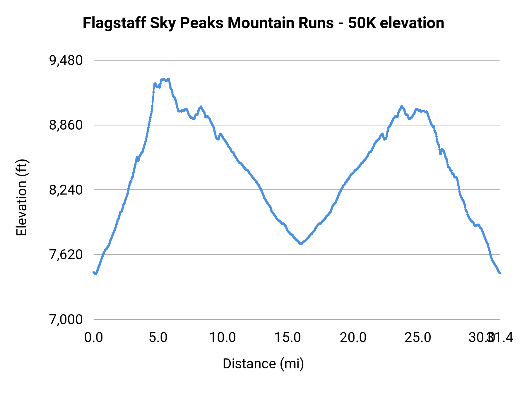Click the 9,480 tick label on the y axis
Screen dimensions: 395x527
[x=66, y=61]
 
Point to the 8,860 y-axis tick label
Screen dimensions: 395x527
[x=66, y=125]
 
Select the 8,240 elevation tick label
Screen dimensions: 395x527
[x=66, y=190]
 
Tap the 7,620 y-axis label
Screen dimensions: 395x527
[x=66, y=255]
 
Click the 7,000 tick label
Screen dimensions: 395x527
[x=66, y=320]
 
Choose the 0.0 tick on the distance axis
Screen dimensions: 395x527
[x=93, y=338]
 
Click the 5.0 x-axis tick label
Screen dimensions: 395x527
[x=158, y=338]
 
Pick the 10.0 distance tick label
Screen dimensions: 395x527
[x=223, y=338]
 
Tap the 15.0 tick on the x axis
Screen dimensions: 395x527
[x=288, y=338]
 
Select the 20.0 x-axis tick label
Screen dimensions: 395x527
[x=353, y=338]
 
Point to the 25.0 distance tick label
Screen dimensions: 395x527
[x=418, y=338]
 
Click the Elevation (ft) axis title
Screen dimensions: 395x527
[x=22, y=197]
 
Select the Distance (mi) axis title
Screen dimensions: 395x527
[x=263, y=364]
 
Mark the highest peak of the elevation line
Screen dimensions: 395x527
[x=168, y=79]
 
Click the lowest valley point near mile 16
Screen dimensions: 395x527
[x=300, y=243]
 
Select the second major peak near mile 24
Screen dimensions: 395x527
[x=402, y=107]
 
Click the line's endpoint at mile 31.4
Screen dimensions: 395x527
[x=500, y=273]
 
